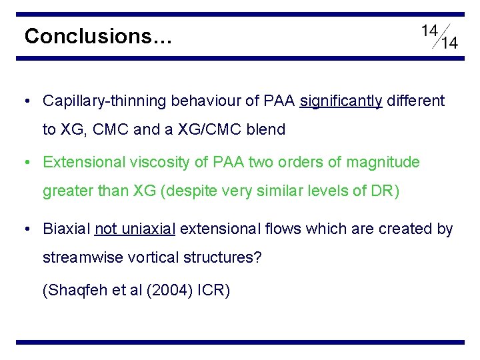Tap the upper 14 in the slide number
430,31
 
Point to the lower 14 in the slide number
449,43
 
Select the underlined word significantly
341,101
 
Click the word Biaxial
66,229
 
